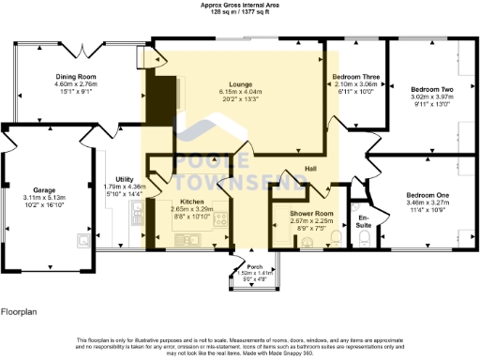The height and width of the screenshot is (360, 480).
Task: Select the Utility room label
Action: coord(124,179)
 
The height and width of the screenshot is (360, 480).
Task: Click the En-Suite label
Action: coord(364,220)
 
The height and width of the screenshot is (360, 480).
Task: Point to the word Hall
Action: coord(310,169)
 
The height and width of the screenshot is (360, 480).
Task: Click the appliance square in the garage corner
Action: coord(84,240)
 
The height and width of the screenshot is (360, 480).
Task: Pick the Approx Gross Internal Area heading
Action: coord(239,5)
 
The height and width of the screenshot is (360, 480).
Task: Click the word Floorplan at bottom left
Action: coord(20,308)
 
